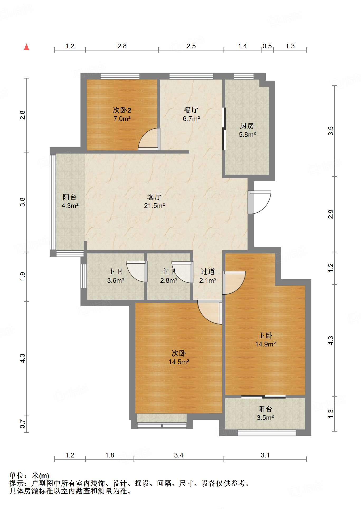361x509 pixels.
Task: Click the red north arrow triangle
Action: click(26, 47)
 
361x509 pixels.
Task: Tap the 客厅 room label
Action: click(154, 197)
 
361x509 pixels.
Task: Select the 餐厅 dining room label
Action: click(191, 110)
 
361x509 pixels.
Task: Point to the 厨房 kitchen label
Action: click(247, 126)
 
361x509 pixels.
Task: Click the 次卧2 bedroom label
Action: click(122, 110)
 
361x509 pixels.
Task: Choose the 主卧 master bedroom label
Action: click(265, 336)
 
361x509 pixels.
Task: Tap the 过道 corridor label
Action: click(208, 271)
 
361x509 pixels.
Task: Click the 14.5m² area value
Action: click(179, 362)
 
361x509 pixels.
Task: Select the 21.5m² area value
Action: click(154, 206)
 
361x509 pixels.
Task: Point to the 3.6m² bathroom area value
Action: click(116, 280)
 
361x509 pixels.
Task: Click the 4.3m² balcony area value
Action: click(70, 206)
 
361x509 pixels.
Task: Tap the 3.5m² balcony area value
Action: click(265, 418)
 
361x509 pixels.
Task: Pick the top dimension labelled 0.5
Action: click(267, 46)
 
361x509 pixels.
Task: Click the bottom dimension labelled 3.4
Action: click(179, 455)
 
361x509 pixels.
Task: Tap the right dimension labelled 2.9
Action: click(331, 214)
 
